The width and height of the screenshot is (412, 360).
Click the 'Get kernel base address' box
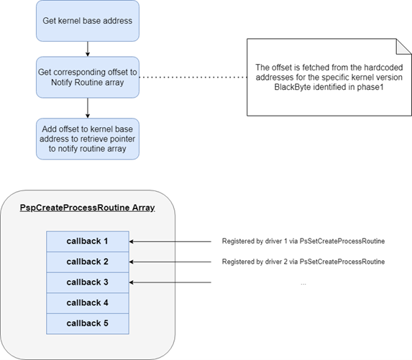click(x=87, y=21)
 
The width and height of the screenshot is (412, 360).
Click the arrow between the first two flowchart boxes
click(x=87, y=49)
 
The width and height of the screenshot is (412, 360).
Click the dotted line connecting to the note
click(x=191, y=76)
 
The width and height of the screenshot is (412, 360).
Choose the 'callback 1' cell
click(x=87, y=241)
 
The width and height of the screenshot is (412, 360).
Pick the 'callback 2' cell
click(x=87, y=262)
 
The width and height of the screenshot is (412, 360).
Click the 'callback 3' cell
click(x=87, y=282)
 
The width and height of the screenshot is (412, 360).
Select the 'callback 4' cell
click(x=87, y=303)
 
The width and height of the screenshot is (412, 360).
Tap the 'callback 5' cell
click(x=87, y=323)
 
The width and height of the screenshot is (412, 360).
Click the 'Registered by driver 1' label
click(x=303, y=241)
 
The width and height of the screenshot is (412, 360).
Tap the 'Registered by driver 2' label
click(x=303, y=262)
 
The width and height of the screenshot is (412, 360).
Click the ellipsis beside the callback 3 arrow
click(x=303, y=283)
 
